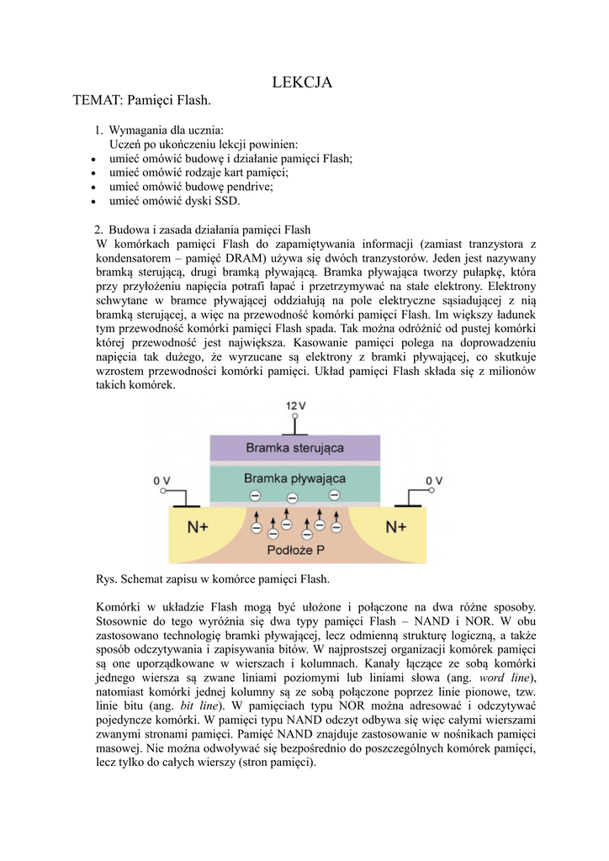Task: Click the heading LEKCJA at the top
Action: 303,82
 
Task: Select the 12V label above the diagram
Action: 295,405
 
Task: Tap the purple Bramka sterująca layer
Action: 294,447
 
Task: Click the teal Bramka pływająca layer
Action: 294,478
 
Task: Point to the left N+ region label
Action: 199,527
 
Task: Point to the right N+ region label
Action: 396,527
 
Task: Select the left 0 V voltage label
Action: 162,480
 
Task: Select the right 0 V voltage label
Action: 433,480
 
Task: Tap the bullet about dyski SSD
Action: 174,201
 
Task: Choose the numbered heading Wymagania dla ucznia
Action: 167,130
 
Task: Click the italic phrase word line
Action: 504,678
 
